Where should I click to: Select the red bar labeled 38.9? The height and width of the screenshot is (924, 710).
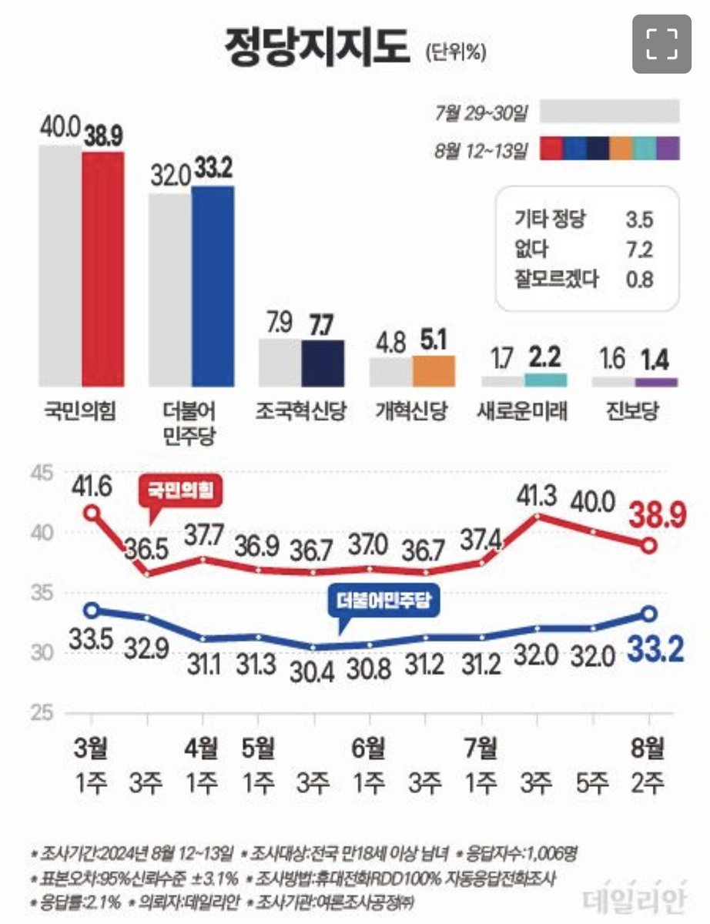(103, 269)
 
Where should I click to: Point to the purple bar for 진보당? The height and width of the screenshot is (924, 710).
(656, 382)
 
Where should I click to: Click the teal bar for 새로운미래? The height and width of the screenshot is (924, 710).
(545, 380)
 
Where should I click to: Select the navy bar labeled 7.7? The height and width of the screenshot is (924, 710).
(323, 362)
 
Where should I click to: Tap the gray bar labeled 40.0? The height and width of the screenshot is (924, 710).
(60, 266)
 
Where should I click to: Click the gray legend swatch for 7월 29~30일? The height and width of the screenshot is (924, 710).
(610, 112)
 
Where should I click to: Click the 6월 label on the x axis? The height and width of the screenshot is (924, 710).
(369, 748)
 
